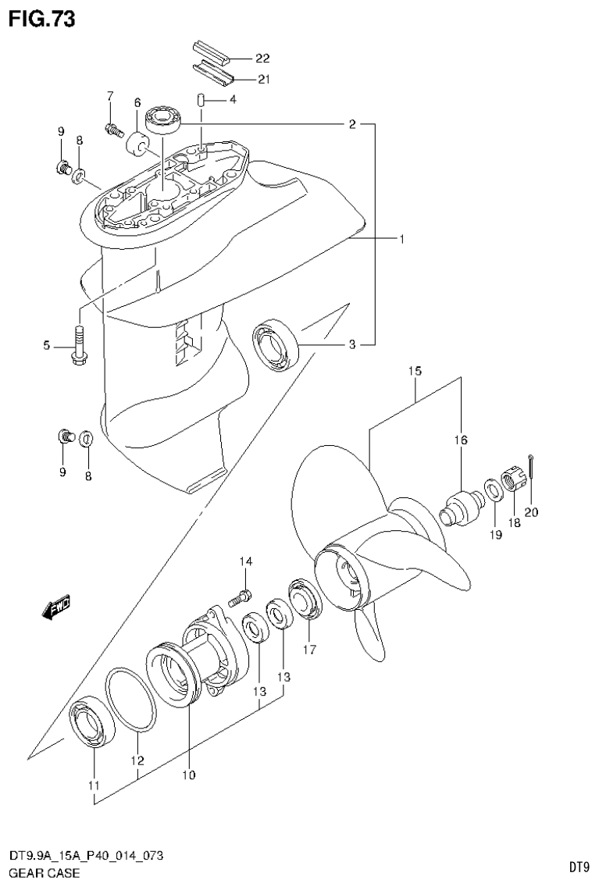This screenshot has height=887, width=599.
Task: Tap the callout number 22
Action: (262, 59)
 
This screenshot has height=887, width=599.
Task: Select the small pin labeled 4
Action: (200, 100)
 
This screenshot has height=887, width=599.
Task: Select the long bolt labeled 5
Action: (80, 344)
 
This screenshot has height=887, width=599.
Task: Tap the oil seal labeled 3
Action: (276, 343)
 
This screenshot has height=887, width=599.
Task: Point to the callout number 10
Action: (188, 775)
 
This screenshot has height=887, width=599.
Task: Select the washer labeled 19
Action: (493, 491)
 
